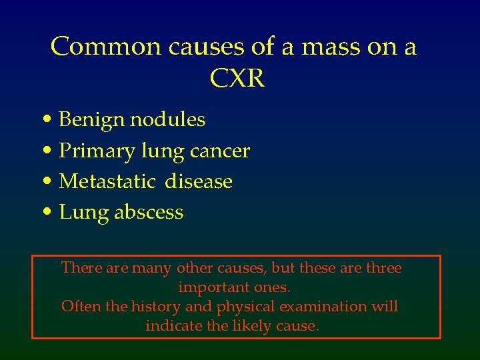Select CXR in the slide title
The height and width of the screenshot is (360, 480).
pos(237,79)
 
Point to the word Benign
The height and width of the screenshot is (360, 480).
pos(91,120)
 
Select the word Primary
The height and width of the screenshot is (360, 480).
pos(97,151)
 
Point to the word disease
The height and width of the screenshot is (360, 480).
pos(199,181)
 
